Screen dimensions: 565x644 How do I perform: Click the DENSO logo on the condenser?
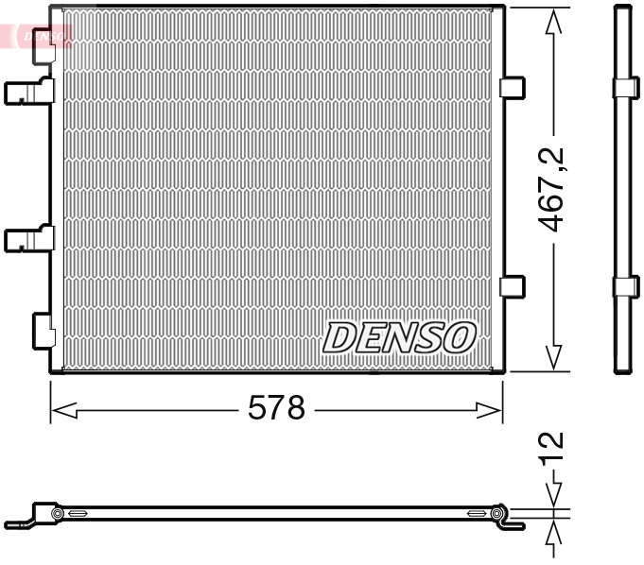point(399,336)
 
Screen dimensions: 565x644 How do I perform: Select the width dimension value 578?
point(276,408)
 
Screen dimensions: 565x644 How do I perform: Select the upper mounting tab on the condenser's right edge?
point(512,87)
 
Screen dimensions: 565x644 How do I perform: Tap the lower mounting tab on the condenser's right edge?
point(512,285)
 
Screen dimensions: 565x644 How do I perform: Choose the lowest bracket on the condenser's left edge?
point(44,330)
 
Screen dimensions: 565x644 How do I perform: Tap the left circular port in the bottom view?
point(58,514)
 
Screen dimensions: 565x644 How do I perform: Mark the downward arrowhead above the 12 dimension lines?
point(553,497)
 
